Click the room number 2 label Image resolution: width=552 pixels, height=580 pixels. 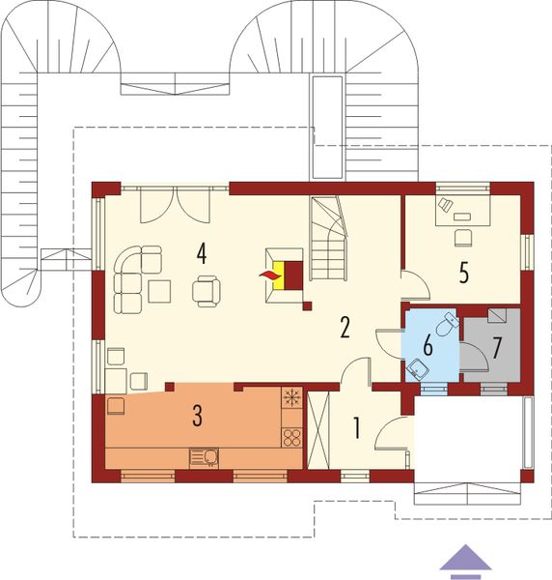click(x=344, y=327)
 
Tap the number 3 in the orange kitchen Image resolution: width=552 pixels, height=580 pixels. click(x=197, y=417)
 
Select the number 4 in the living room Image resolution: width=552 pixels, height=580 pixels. click(x=202, y=253)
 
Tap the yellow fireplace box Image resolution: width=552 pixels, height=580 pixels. click(x=278, y=276)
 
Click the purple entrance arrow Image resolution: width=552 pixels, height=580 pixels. click(x=468, y=559)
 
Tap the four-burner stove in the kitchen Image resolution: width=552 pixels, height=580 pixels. click(x=291, y=435)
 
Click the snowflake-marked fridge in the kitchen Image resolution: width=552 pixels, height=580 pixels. click(x=291, y=396)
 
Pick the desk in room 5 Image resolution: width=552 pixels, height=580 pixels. click(x=463, y=208)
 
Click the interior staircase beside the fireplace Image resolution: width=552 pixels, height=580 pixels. click(x=329, y=237)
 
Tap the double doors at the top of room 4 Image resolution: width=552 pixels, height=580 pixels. click(x=175, y=204)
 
